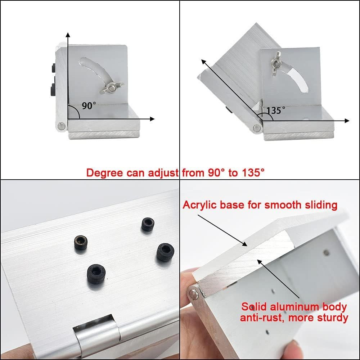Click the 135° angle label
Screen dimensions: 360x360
click(276, 110)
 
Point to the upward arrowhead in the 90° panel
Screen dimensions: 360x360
click(67, 35)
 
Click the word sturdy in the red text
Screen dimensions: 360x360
click(333, 318)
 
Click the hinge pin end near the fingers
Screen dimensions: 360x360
click(195, 293)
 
